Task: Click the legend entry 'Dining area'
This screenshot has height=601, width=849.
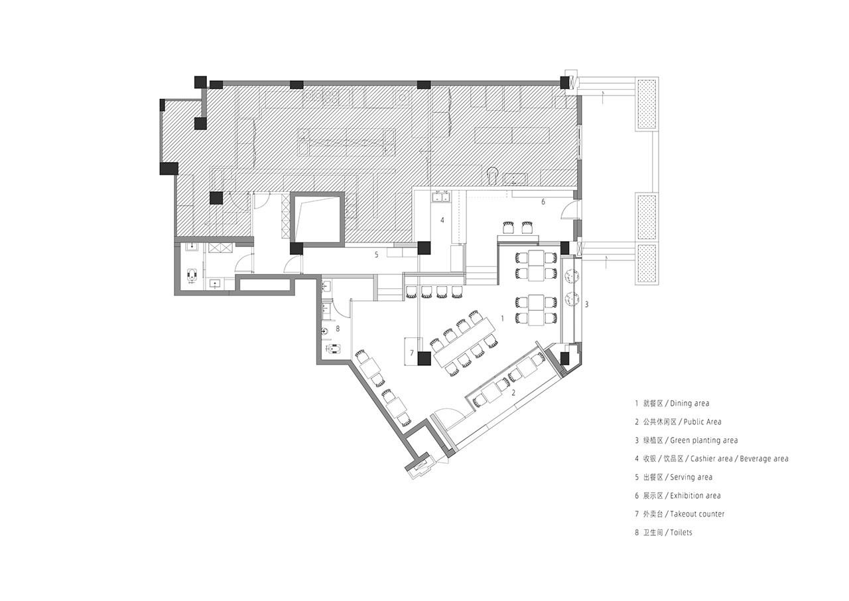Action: [689, 403]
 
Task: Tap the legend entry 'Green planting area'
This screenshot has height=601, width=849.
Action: [704, 440]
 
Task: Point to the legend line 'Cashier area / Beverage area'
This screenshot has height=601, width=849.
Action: [739, 459]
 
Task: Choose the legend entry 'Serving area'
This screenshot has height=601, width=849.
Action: [691, 477]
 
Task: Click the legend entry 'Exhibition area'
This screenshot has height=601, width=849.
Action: [696, 495]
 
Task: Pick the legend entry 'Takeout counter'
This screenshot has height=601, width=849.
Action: [697, 514]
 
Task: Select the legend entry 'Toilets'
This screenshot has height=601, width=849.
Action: [681, 533]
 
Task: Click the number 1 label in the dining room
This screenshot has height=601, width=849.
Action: [503, 318]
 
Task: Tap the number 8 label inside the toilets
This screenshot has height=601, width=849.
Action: [338, 329]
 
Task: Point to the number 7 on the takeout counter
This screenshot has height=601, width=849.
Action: [412, 353]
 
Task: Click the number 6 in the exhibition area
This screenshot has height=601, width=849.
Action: [543, 202]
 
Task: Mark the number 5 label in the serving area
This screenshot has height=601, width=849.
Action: [376, 255]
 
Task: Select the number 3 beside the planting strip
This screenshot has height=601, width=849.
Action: [586, 304]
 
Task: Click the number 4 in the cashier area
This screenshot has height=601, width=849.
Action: [442, 220]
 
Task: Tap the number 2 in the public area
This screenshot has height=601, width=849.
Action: [513, 392]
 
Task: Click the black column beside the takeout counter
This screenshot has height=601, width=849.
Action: [424, 359]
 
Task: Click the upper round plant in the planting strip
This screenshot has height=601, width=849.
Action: [570, 276]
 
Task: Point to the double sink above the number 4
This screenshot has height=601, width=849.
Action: [442, 197]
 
